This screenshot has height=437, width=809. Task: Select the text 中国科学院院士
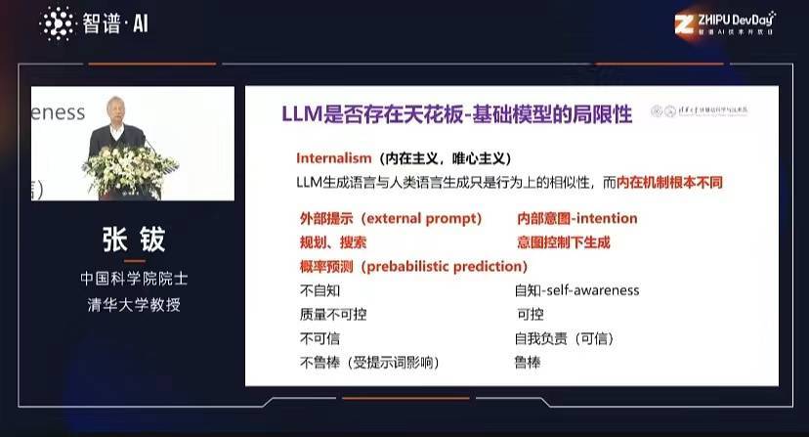pos(132,279)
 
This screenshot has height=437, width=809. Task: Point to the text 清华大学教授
pos(132,304)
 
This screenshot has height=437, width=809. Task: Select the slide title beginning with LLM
pos(456,114)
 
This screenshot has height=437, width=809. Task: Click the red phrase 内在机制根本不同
pos(670,182)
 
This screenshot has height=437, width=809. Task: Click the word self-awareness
pos(591,290)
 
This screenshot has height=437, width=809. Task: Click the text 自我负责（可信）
pos(564,338)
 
